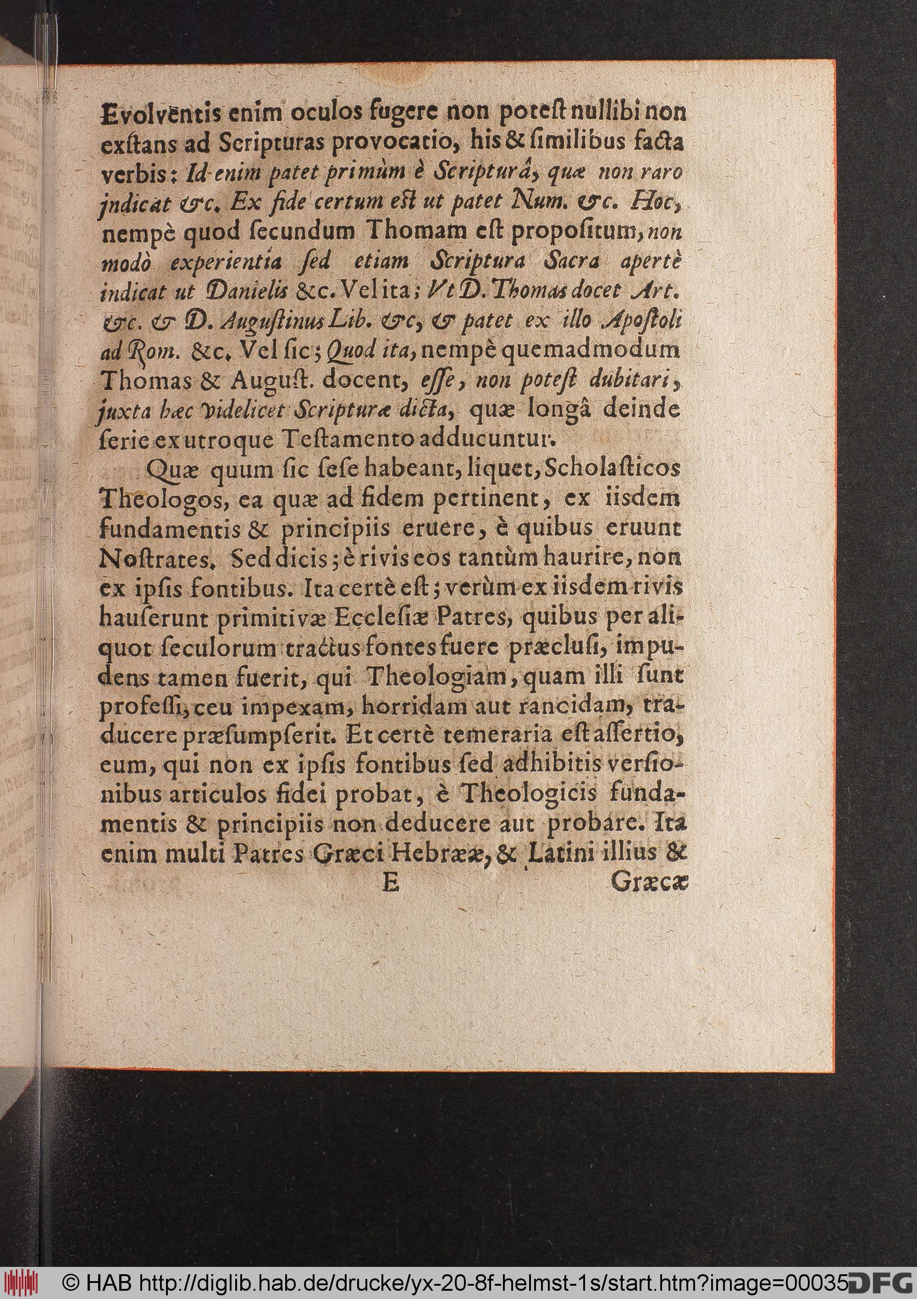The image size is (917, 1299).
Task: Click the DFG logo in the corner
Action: [883, 1284]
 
